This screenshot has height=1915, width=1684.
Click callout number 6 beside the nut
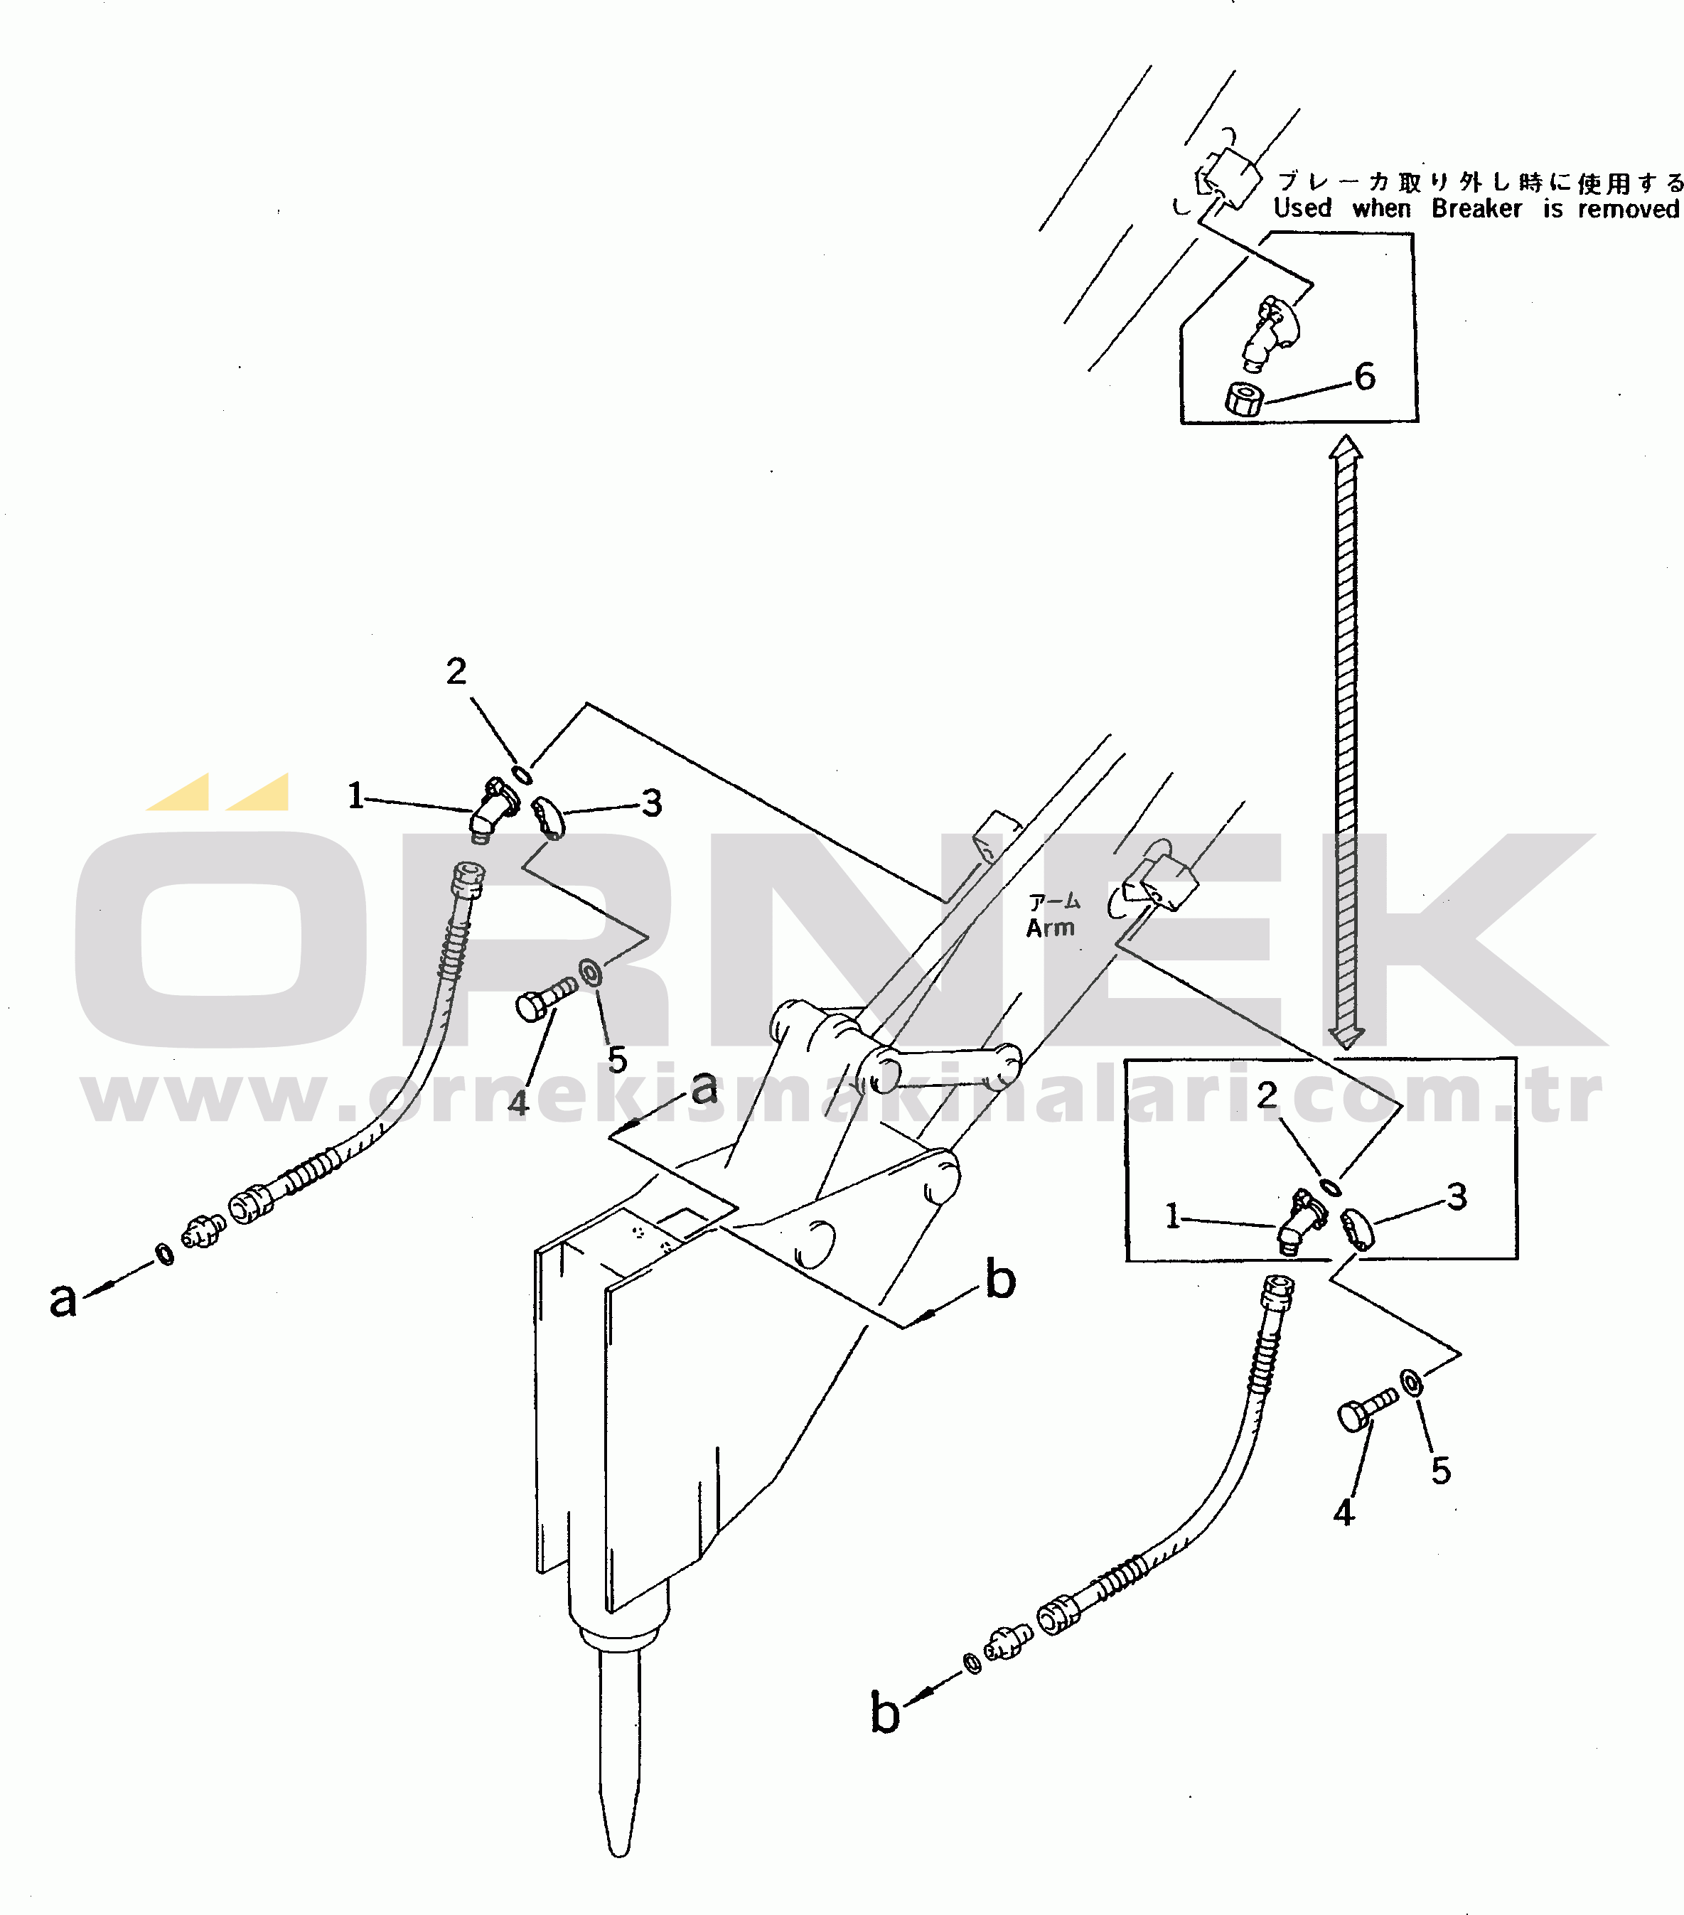(1364, 377)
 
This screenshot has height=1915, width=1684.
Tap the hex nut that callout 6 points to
(1243, 399)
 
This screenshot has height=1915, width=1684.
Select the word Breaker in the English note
(1476, 209)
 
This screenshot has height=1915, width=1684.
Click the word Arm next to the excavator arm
(1050, 928)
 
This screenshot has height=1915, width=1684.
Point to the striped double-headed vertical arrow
(1346, 740)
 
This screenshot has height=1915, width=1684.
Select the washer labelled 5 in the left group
(591, 972)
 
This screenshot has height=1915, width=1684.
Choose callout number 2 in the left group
(456, 671)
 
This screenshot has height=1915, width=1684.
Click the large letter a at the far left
(63, 1299)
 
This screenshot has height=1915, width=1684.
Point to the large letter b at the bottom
(884, 1712)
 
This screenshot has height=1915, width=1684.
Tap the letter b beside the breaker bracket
(1001, 1279)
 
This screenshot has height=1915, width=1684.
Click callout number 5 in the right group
(1440, 1471)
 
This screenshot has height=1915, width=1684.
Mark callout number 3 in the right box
(1457, 1196)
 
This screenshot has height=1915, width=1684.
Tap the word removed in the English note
(1629, 209)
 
